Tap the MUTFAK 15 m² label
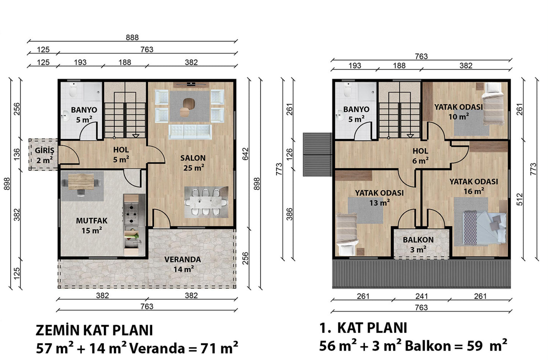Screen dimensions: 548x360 (92, 225)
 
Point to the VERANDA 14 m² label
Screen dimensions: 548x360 (182, 264)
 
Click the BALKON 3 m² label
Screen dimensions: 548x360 (418, 245)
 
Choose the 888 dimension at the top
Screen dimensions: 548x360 (132, 38)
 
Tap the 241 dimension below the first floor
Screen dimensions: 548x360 (421, 296)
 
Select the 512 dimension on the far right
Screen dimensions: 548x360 (520, 199)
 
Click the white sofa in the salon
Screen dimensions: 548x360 (190, 132)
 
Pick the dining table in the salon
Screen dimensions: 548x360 (206, 202)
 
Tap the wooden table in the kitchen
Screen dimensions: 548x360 (81, 182)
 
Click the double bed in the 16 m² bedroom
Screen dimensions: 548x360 (485, 227)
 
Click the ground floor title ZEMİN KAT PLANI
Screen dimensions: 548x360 (94, 330)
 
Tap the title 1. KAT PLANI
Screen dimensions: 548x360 (363, 328)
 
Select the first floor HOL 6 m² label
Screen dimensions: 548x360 (420, 156)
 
